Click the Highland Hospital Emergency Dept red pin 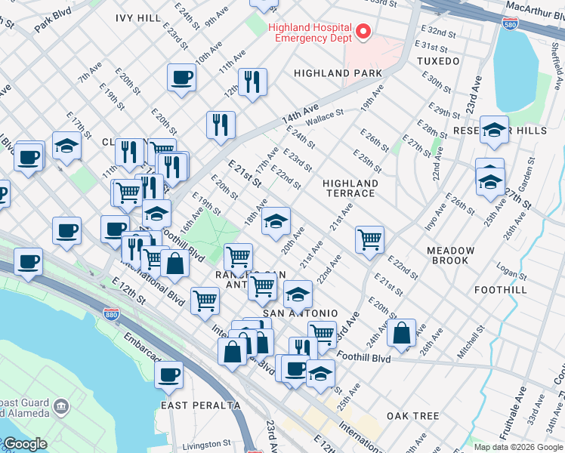pos(363,31)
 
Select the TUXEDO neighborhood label pos(437,60)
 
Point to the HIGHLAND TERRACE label pos(350,188)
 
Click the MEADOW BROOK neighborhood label pos(450,255)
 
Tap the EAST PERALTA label pos(200,405)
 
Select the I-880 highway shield pos(111,313)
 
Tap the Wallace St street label pos(324,118)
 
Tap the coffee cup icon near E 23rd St pos(181,77)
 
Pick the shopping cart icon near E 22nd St pos(369,240)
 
